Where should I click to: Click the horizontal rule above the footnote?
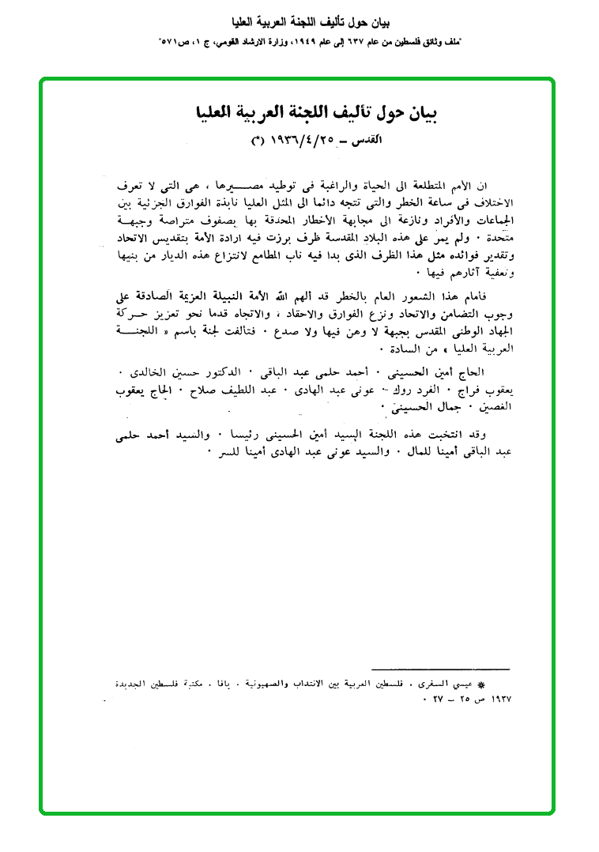click(441, 670)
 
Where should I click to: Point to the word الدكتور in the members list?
click(293, 371)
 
